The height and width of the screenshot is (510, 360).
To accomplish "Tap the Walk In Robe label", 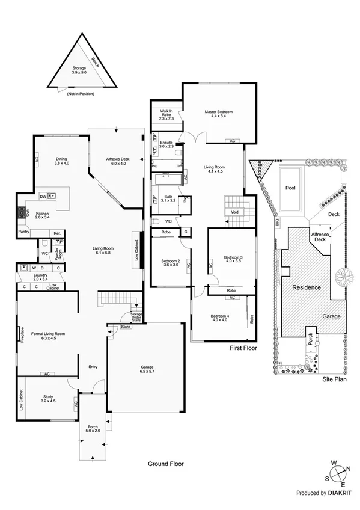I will pos(166,115).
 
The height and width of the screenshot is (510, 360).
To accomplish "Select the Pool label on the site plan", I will pos(291,188).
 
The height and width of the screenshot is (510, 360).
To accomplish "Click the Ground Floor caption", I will pos(165,464).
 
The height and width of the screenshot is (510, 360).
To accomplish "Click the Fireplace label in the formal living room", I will pos(22,334).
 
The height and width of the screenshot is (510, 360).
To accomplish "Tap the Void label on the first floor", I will pos(235,212).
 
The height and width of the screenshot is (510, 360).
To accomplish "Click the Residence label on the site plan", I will pos(307,287).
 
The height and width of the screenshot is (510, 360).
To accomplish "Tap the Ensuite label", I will pos(166,144).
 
